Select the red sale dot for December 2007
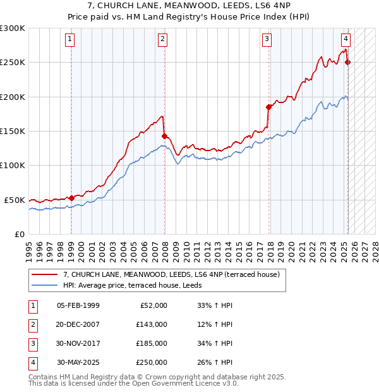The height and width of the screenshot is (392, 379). pyautogui.click(x=164, y=136)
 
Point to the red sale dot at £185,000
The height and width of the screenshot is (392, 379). pyautogui.click(x=269, y=107)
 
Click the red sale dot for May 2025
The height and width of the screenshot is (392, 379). pyautogui.click(x=348, y=62)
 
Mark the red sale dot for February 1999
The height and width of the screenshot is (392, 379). pyautogui.click(x=71, y=198)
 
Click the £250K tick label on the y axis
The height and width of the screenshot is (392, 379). pyautogui.click(x=12, y=63)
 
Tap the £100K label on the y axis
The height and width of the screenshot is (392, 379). pyautogui.click(x=12, y=165)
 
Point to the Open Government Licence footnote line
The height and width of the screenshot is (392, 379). pyautogui.click(x=133, y=383)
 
